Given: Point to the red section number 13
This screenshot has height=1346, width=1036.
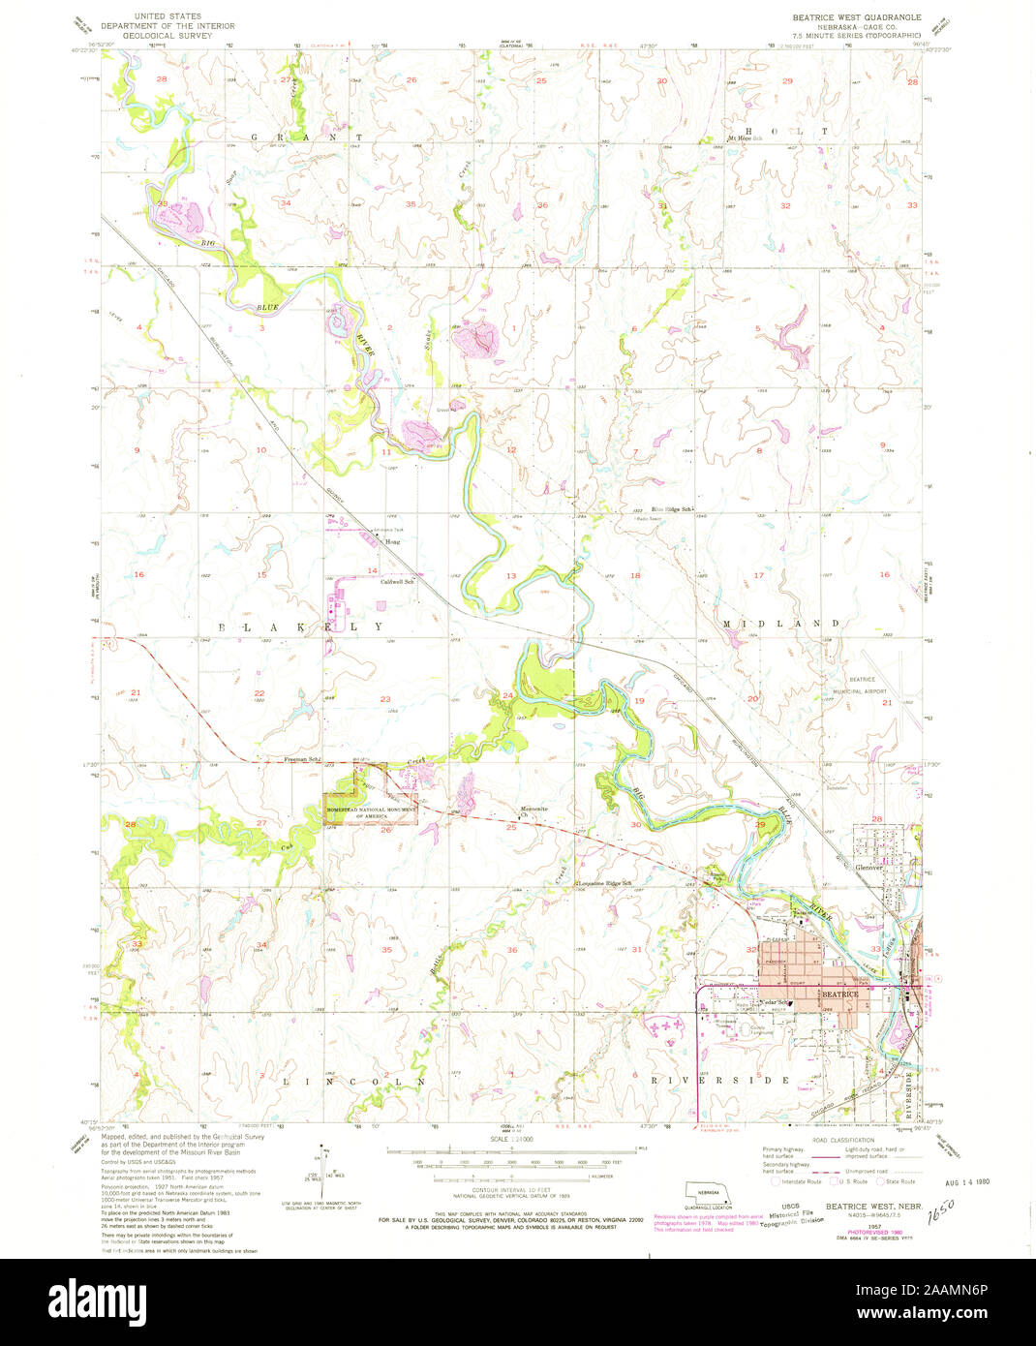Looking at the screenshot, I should coord(511,576).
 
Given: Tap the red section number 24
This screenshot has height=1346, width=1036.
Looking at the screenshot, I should coord(507,695).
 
